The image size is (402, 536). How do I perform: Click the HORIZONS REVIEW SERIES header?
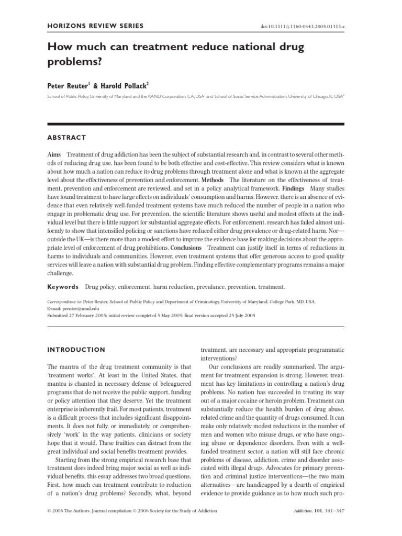(95, 26)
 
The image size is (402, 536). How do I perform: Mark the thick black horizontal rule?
(195, 124)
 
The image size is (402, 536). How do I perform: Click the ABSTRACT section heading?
(66, 138)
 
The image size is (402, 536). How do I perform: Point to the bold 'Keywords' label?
(63, 287)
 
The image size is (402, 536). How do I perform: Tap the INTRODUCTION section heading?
(76, 350)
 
